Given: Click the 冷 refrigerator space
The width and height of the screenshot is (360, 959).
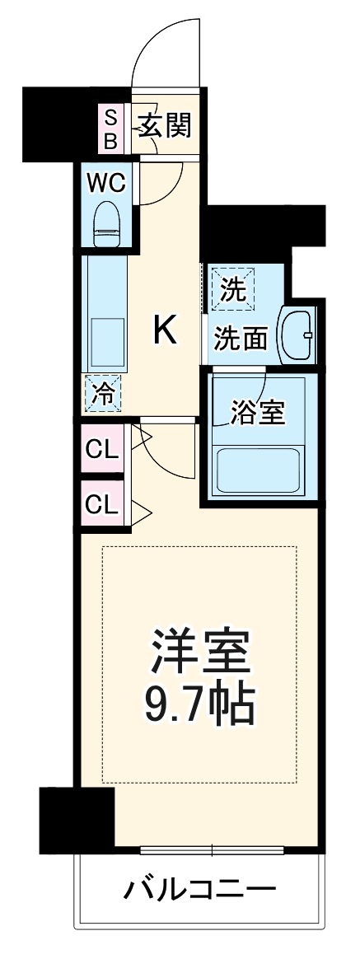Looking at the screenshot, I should (102, 394).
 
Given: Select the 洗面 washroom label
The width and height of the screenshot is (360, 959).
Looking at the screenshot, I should (241, 338).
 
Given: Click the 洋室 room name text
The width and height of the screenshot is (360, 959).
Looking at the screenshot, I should (199, 651).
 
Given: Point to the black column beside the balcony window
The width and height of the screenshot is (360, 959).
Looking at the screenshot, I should (76, 818).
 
